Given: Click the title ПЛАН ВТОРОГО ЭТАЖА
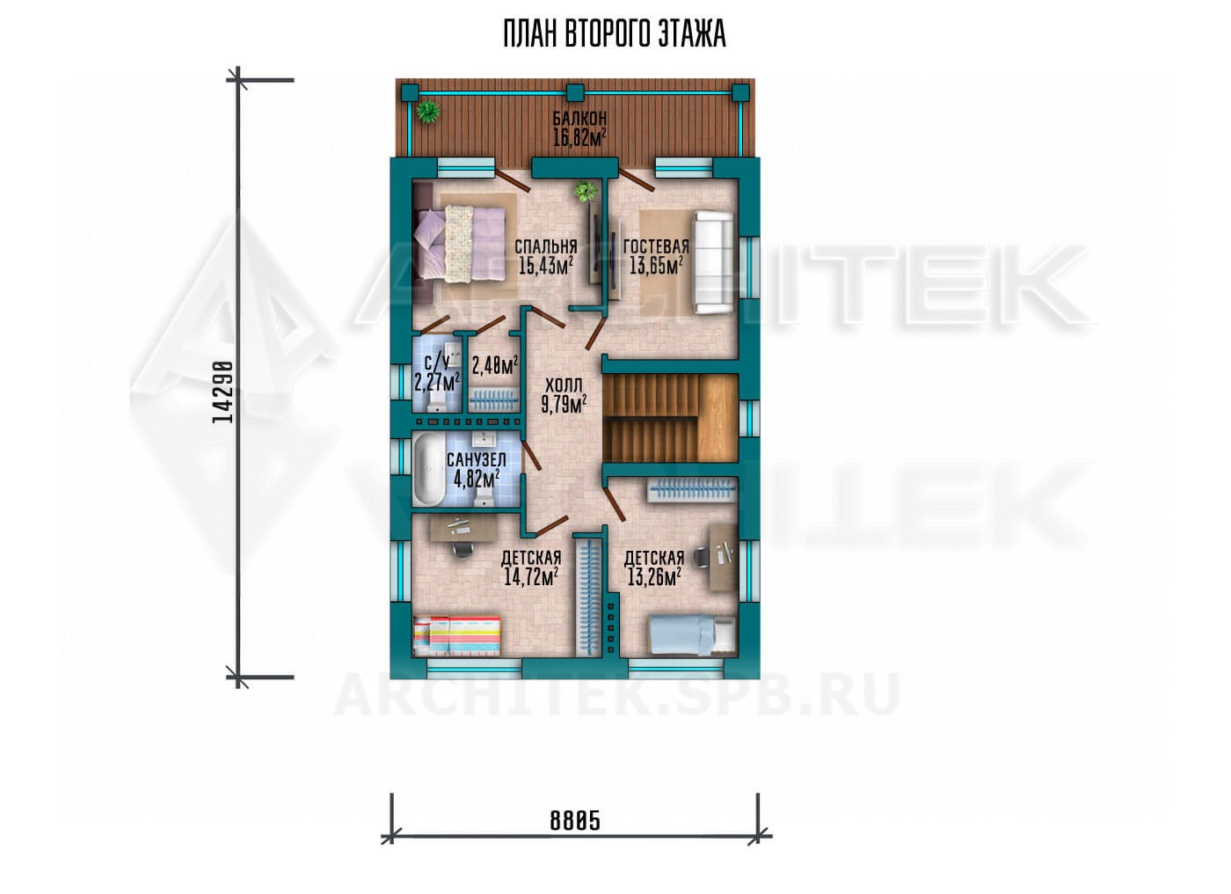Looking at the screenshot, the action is pyautogui.click(x=615, y=34).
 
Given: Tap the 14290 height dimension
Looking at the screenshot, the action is pyautogui.click(x=223, y=392).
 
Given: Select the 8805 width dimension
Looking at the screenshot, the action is pyautogui.click(x=575, y=821).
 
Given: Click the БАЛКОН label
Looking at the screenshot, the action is pyautogui.click(x=579, y=118).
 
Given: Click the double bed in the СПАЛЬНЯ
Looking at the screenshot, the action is pyautogui.click(x=461, y=245).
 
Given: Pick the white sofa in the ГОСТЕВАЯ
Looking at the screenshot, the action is pyautogui.click(x=713, y=263).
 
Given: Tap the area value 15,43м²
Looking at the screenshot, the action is pyautogui.click(x=546, y=266).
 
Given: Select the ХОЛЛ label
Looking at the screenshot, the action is pyautogui.click(x=564, y=385).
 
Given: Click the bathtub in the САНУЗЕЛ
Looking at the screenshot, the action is pyautogui.click(x=429, y=470).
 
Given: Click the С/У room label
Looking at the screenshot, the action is pyautogui.click(x=438, y=363).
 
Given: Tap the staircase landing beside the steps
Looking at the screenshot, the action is pyautogui.click(x=717, y=419).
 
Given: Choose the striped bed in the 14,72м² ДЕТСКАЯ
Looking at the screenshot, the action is pyautogui.click(x=457, y=635).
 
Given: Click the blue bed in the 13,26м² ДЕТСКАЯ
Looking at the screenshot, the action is pyautogui.click(x=693, y=635).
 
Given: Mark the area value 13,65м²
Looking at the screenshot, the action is pyautogui.click(x=656, y=267).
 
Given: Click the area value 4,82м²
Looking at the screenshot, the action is pyautogui.click(x=476, y=480).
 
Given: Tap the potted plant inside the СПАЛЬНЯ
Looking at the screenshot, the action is pyautogui.click(x=586, y=191).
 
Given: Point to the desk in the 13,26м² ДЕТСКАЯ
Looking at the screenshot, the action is pyautogui.click(x=723, y=557).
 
